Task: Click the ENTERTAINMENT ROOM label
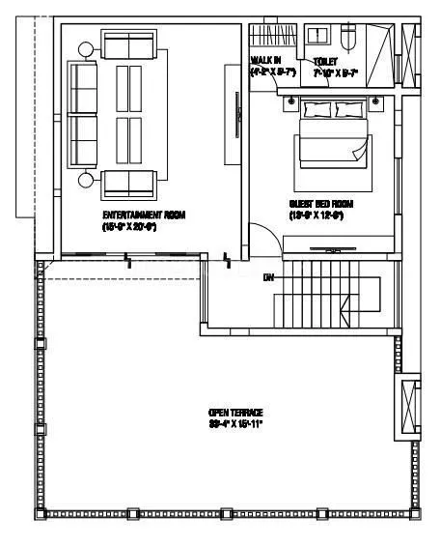[x=144, y=214]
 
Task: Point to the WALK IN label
[x=265, y=61]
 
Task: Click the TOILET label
[x=325, y=61]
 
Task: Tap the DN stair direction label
[x=269, y=277]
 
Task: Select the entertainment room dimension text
[x=144, y=225]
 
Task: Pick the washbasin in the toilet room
[x=317, y=38]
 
